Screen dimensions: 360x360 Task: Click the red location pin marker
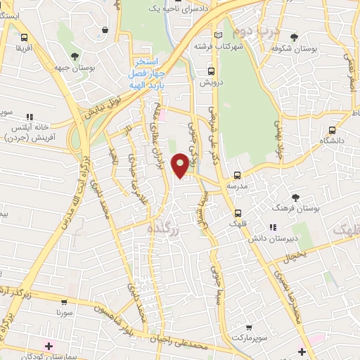(x=181, y=165)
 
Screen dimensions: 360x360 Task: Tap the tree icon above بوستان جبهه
(x=75, y=56)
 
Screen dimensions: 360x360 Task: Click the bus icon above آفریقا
(x=25, y=38)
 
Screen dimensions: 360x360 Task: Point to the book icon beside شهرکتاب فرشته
(x=219, y=35)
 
